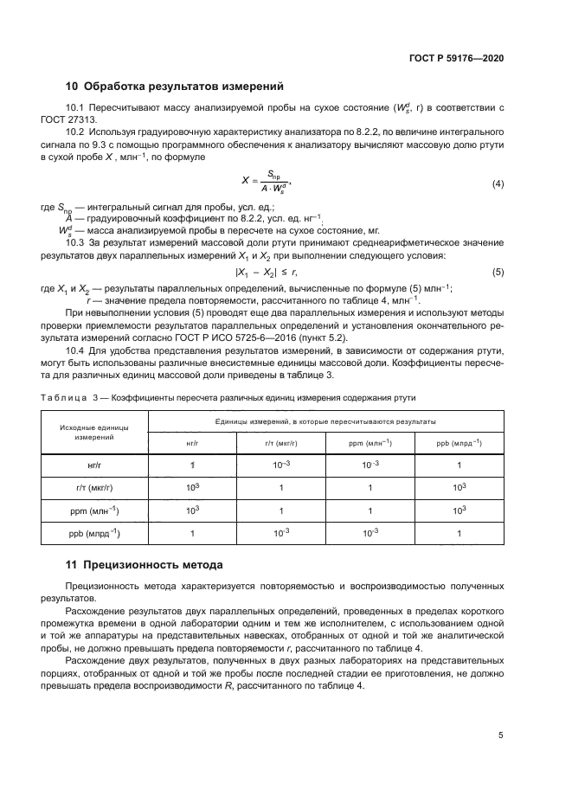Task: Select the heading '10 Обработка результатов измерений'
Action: pyautogui.click(x=175, y=87)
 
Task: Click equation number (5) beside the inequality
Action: pyautogui.click(x=498, y=272)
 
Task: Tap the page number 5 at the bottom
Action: pyautogui.click(x=500, y=735)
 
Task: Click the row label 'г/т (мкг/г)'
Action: pyautogui.click(x=95, y=488)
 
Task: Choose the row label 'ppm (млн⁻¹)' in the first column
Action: pyautogui.click(x=95, y=510)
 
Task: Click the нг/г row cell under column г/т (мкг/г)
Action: pyautogui.click(x=281, y=465)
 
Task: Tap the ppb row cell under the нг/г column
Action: pyautogui.click(x=193, y=534)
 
